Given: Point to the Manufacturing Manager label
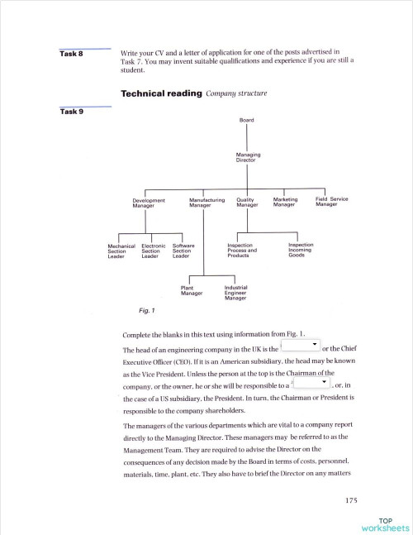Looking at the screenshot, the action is pyautogui.click(x=206, y=202).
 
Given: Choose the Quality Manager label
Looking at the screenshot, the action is pyautogui.click(x=248, y=202).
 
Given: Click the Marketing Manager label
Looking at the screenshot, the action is pyautogui.click(x=285, y=202).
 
